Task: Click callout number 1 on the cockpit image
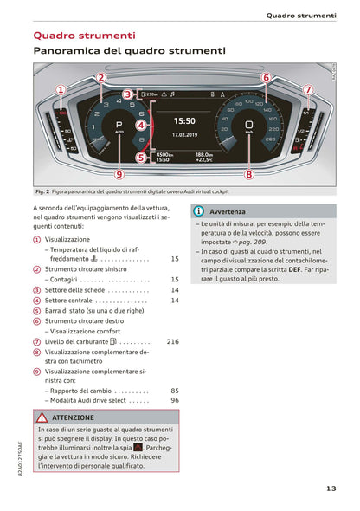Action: (60, 89)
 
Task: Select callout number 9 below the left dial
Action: (119, 174)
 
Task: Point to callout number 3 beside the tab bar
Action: (126, 94)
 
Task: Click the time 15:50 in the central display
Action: (184, 121)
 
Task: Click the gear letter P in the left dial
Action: (119, 125)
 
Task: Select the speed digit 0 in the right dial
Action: (249, 125)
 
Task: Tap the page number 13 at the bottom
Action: (331, 488)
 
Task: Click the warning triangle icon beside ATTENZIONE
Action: (42, 417)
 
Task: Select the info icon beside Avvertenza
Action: (198, 211)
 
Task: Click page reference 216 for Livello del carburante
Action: (172, 342)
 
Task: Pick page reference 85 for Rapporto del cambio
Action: (175, 391)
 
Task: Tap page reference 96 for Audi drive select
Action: (175, 401)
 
